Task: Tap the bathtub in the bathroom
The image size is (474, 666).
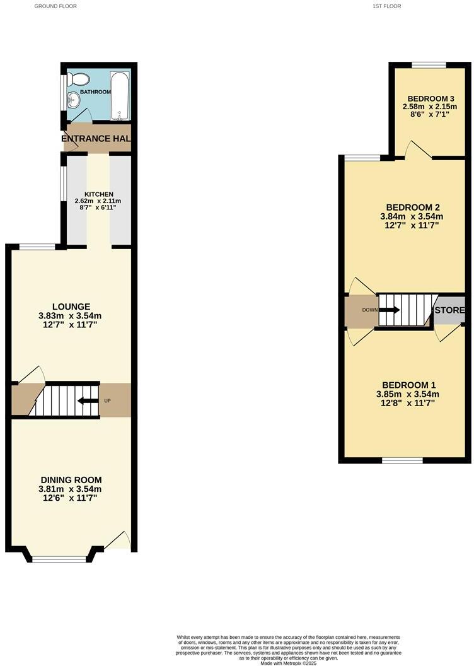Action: click(120, 96)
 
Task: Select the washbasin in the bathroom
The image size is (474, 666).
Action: click(74, 99)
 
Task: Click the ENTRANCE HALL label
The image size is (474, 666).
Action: click(96, 138)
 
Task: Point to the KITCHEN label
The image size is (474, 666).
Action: click(100, 194)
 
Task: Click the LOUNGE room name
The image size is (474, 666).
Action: click(71, 307)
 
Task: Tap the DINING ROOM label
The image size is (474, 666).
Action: click(71, 480)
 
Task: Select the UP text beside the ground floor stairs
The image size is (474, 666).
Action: click(107, 400)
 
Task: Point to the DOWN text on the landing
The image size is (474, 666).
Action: click(370, 310)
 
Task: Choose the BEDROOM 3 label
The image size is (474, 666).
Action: click(431, 98)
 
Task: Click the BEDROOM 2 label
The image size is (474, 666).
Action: click(412, 207)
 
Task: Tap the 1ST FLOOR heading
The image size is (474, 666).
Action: click(387, 6)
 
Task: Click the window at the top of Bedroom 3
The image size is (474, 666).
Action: click(429, 64)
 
